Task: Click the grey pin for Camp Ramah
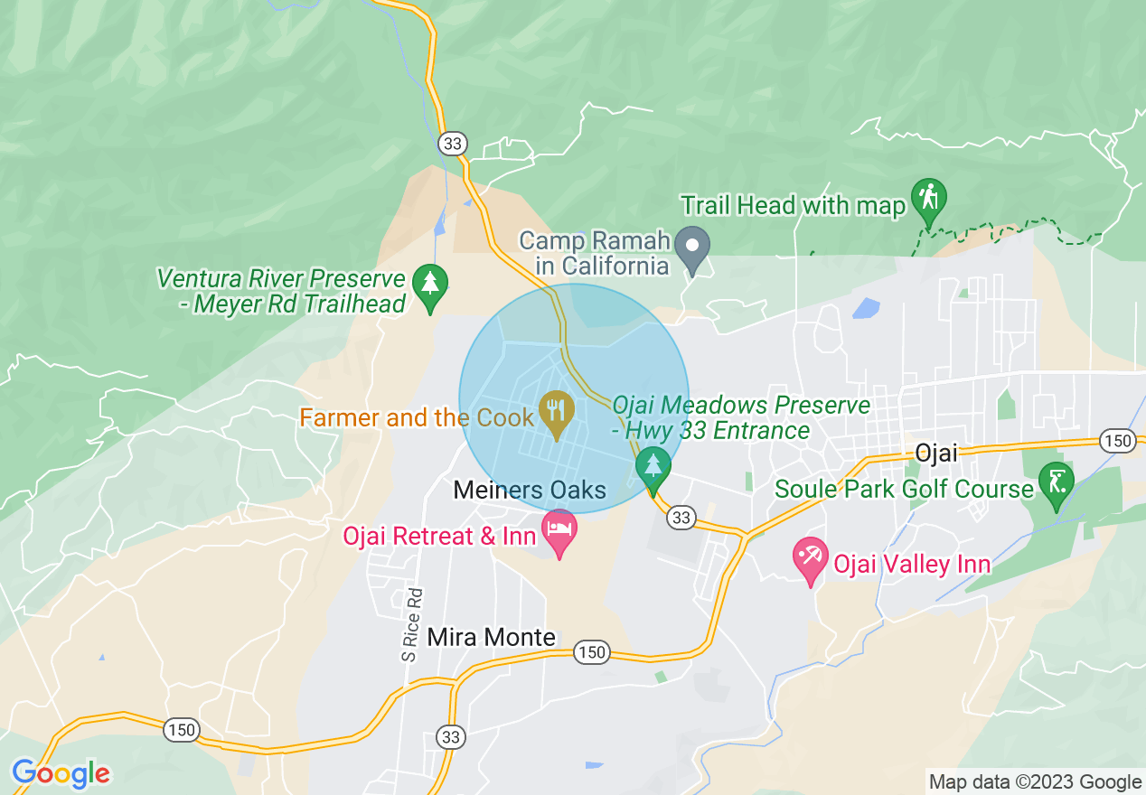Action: (x=693, y=245)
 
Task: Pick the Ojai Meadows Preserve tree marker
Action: (x=653, y=466)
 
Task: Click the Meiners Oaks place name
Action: (x=530, y=491)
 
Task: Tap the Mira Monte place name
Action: (x=491, y=637)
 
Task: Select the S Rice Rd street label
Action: (x=413, y=623)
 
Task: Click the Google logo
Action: (x=61, y=773)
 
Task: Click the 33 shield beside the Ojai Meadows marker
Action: (x=681, y=518)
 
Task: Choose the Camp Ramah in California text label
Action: (x=594, y=253)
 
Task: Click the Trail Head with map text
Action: (x=793, y=206)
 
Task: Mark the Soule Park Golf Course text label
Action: (x=904, y=490)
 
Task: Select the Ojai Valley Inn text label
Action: (x=911, y=566)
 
